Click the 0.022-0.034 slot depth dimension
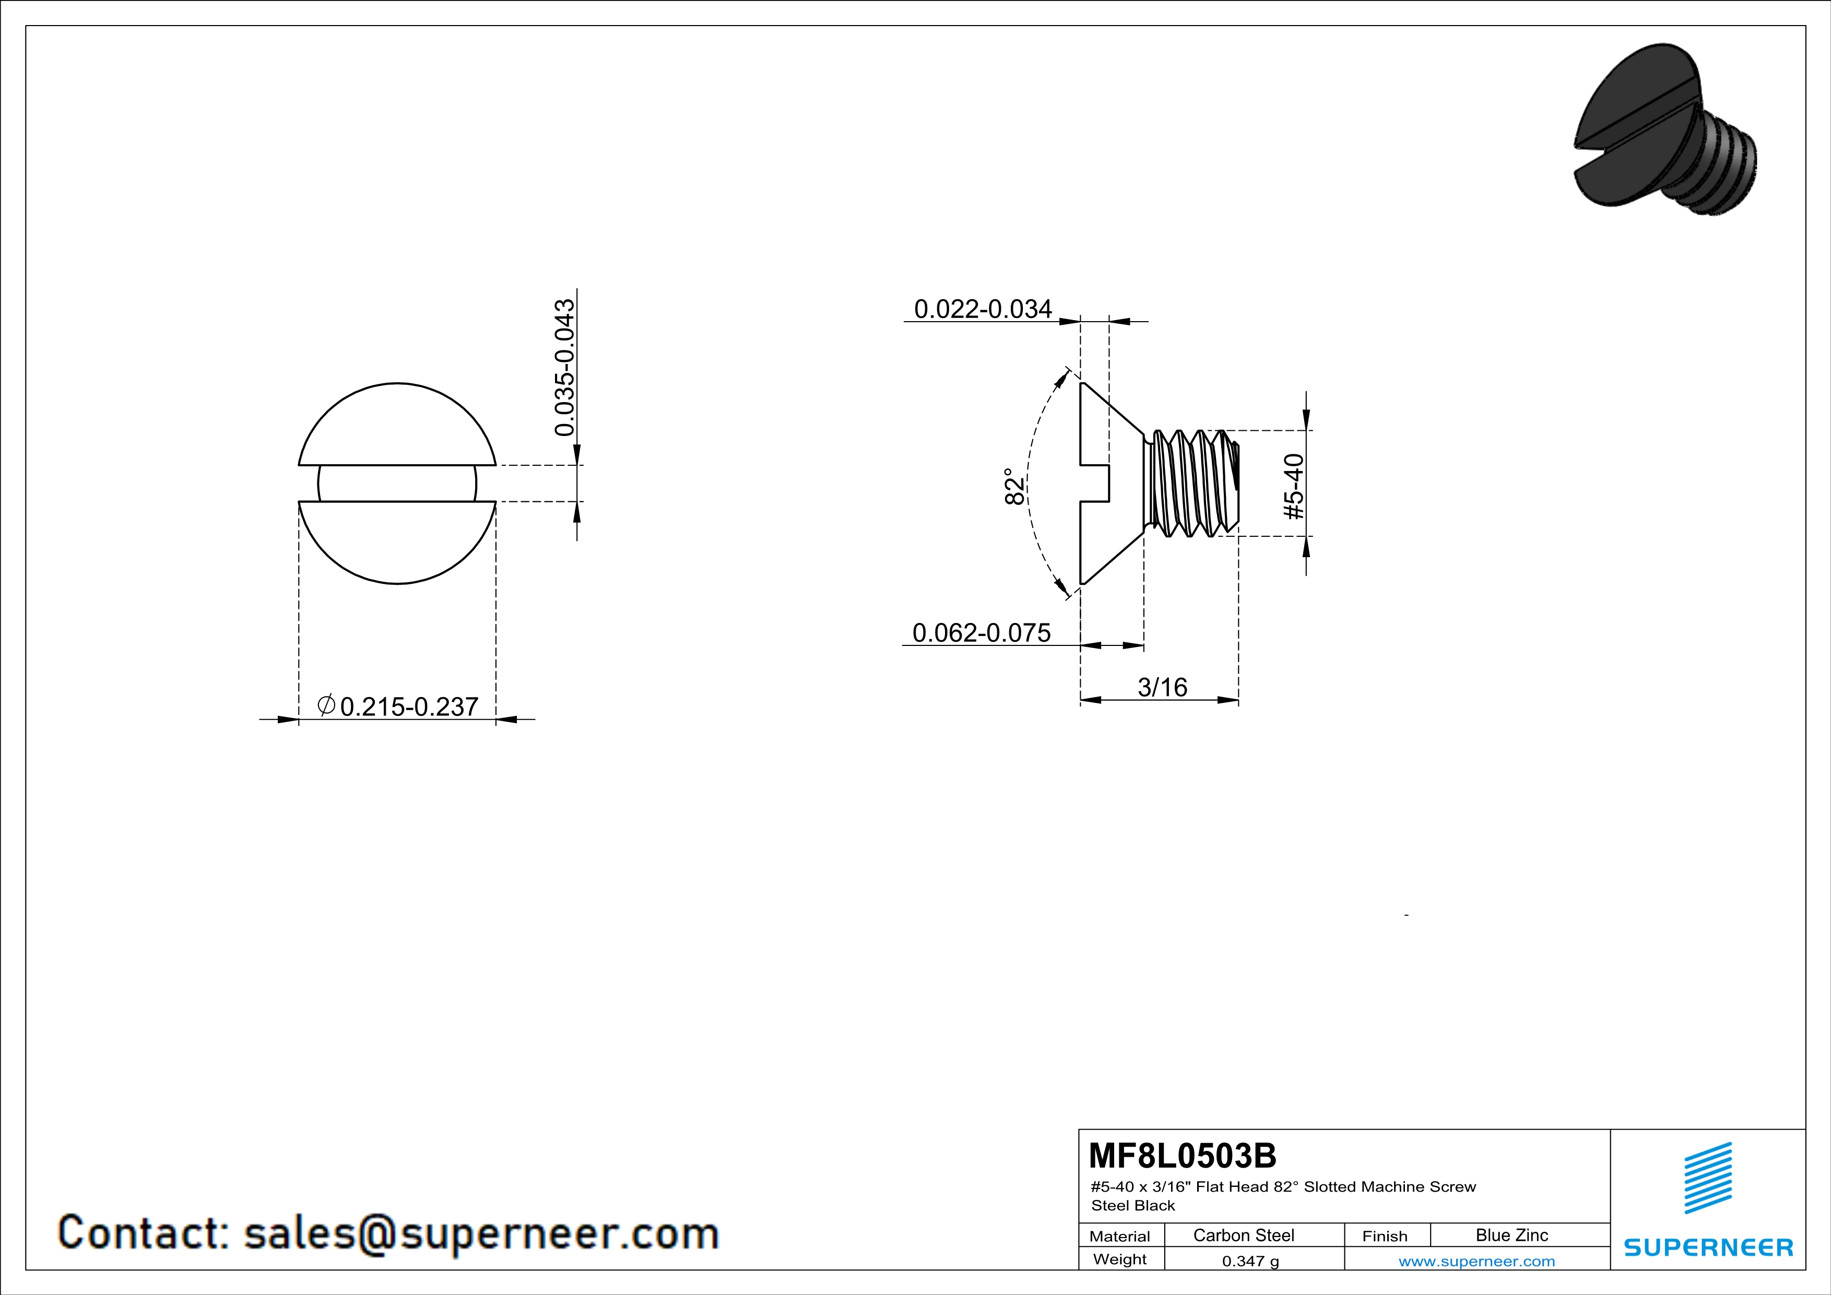983,310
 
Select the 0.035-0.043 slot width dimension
564,368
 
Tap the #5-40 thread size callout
1294,487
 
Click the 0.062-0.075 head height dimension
981,633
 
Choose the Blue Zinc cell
1512,1235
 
